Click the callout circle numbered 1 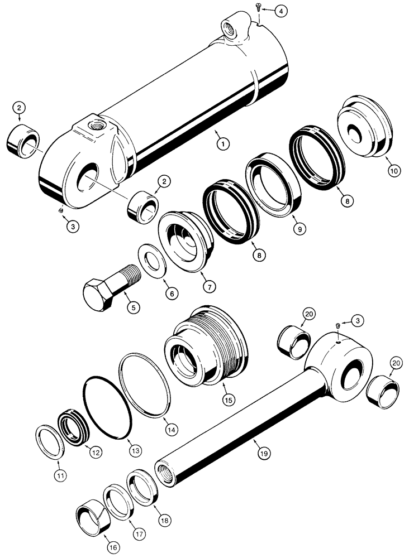click(x=223, y=145)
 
